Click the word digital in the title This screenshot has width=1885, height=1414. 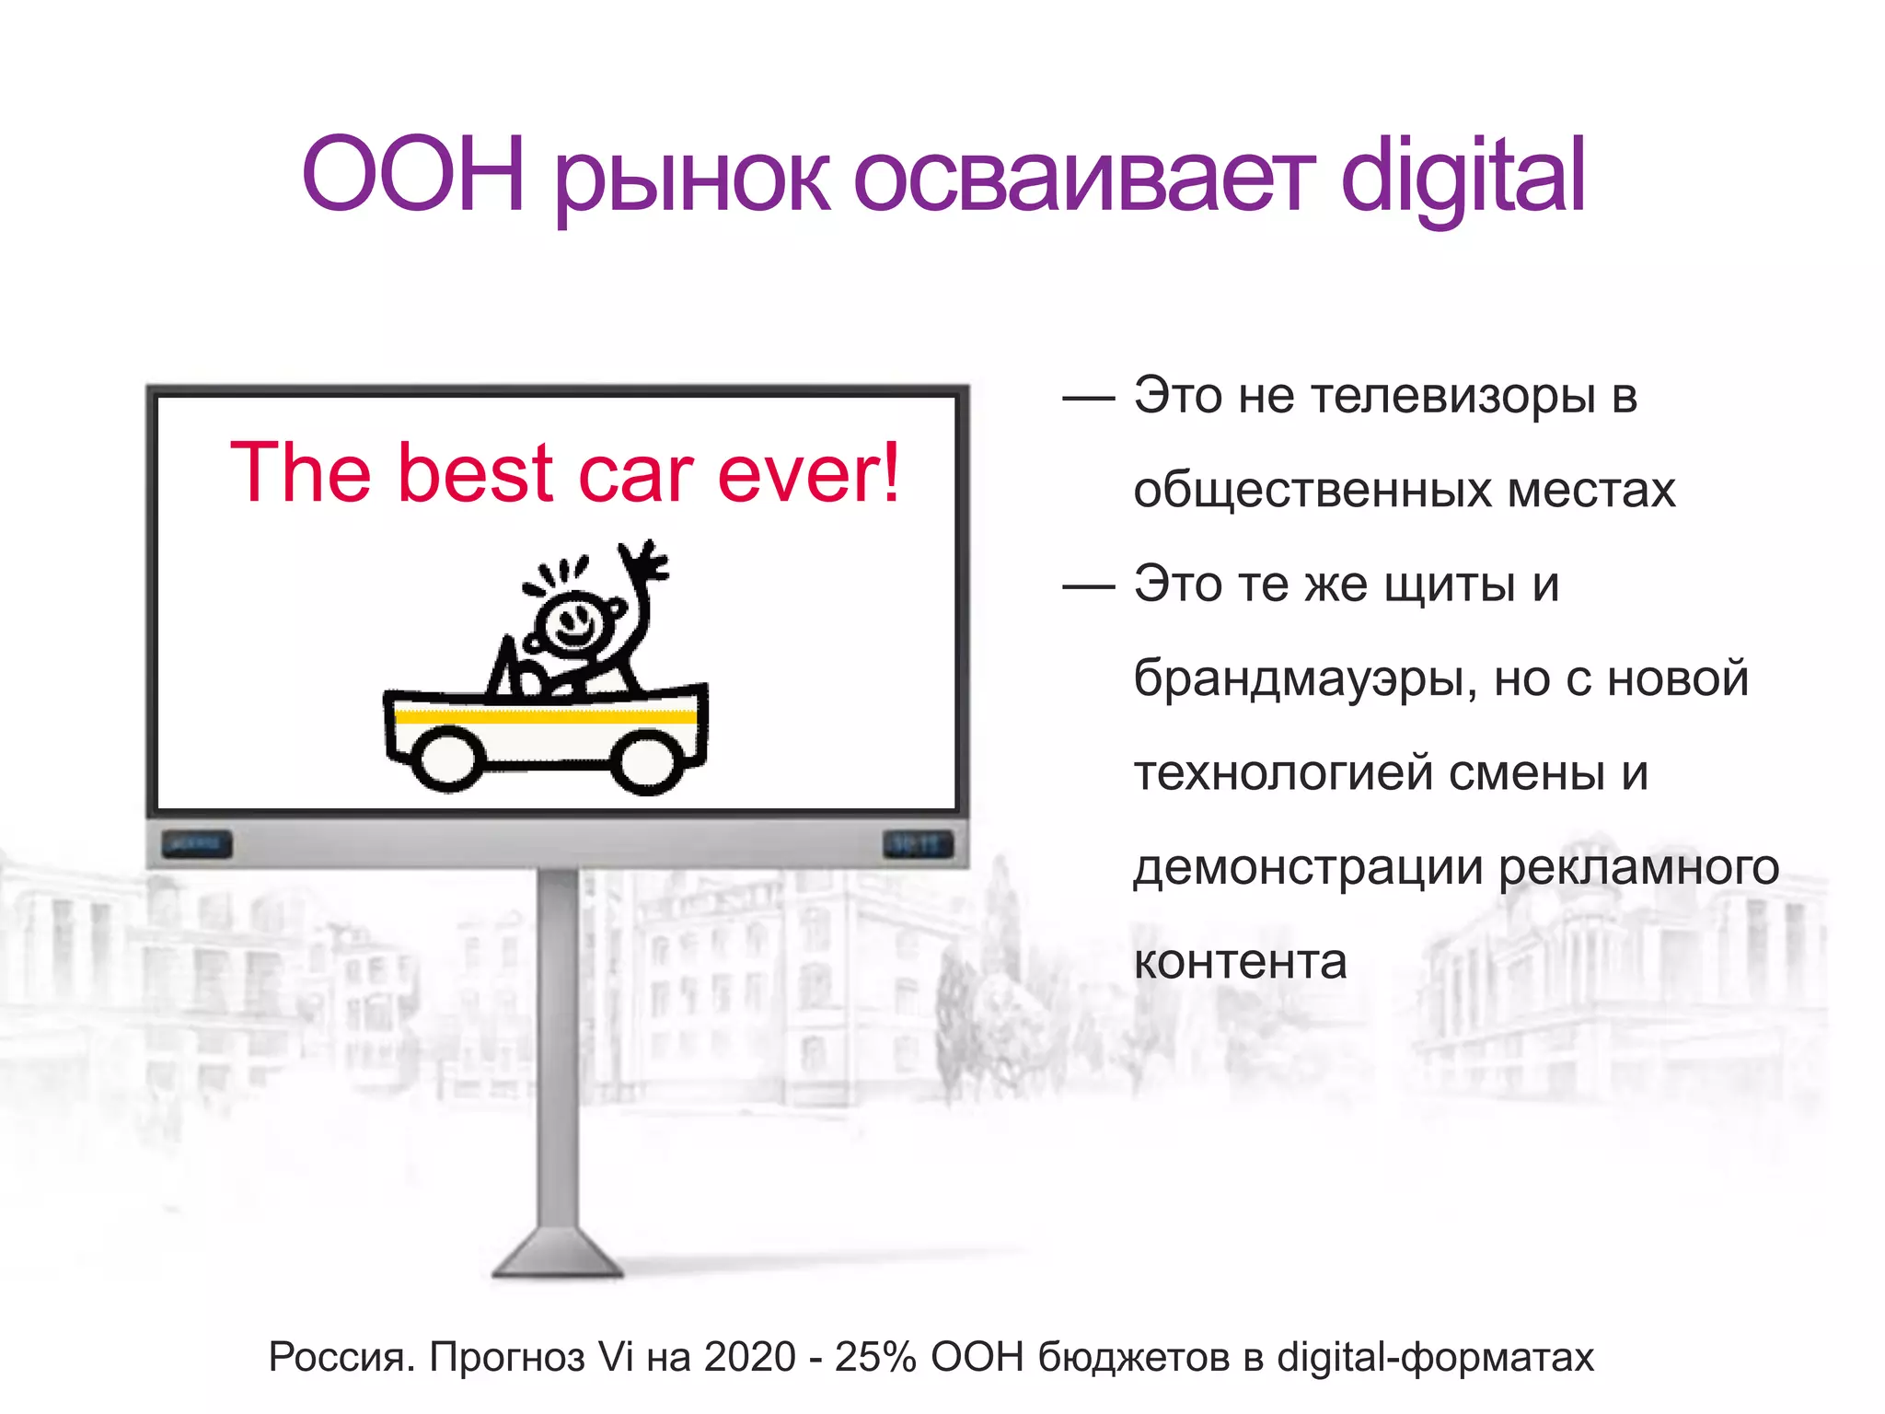click(1463, 175)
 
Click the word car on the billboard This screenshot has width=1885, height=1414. click(635, 473)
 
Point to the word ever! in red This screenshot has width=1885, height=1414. click(808, 473)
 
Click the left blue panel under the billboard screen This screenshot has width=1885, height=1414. click(197, 843)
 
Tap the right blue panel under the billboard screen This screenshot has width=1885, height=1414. click(917, 843)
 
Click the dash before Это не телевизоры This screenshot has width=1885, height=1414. click(1088, 399)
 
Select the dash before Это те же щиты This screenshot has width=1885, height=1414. click(1088, 586)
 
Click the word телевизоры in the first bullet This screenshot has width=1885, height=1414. click(1452, 397)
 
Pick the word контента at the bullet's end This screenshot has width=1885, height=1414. click(1240, 962)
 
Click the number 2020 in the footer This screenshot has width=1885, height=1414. click(749, 1357)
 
